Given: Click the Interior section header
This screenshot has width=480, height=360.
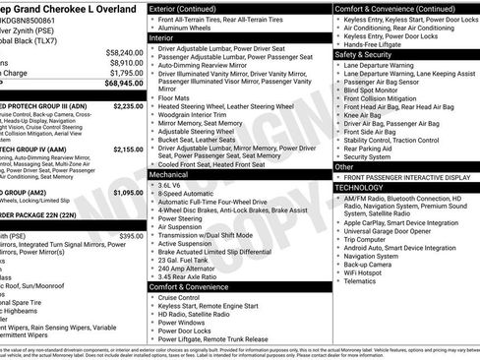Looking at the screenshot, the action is click(x=167, y=40).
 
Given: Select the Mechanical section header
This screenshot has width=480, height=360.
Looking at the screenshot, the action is click(x=172, y=172).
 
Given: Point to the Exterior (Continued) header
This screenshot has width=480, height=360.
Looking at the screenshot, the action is click(x=190, y=8).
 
